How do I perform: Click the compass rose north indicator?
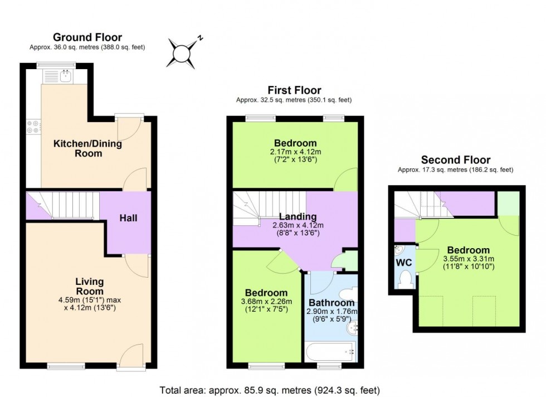click(199, 38)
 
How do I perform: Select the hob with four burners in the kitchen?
click(32, 127)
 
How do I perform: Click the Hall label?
click(128, 219)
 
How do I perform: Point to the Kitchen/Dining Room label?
click(87, 148)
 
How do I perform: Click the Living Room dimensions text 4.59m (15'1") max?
click(90, 299)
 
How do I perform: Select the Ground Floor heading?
click(87, 37)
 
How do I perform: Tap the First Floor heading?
click(294, 90)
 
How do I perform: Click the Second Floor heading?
click(455, 160)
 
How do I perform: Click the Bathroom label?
click(331, 303)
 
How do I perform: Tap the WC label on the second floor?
click(403, 262)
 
